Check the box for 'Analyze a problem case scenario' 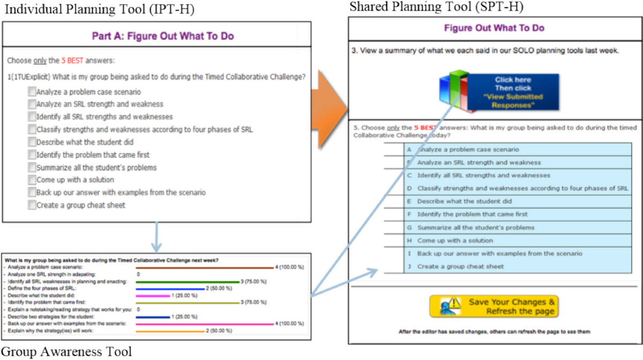[32, 92]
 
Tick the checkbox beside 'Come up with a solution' [32, 180]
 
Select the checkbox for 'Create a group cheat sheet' [32, 205]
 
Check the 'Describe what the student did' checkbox [32, 142]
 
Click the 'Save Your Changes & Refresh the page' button [494, 306]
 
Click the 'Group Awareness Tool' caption [66, 352]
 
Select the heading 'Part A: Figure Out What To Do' [156, 36]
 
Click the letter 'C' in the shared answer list [409, 175]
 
